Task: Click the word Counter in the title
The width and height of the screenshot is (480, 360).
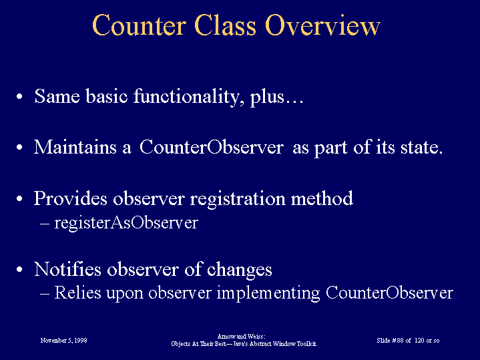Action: pos(139,25)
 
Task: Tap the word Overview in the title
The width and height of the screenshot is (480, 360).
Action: pos(322,25)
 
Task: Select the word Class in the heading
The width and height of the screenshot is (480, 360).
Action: pos(225,25)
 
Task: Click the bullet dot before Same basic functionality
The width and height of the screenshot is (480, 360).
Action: pos(19,96)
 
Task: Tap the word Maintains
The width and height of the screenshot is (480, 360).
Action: pos(75,147)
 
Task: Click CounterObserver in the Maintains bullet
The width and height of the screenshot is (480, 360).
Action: pos(212,147)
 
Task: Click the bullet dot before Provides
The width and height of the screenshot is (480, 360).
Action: pos(19,199)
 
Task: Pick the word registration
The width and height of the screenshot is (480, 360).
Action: pos(237,199)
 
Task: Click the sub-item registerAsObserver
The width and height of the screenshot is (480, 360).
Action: pos(126,222)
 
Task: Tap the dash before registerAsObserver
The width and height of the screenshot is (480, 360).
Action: pos(45,224)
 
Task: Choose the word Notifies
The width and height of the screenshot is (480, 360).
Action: pos(67,269)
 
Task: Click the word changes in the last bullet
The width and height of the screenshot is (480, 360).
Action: pos(240,271)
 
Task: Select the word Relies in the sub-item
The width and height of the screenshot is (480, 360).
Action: pos(77,293)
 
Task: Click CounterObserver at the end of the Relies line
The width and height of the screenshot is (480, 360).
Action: pos(389,293)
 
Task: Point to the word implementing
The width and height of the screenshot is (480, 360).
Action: pos(268,293)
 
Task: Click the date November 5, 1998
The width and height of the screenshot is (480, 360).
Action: pos(63,341)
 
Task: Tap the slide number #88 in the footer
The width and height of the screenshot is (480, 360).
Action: pos(397,341)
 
